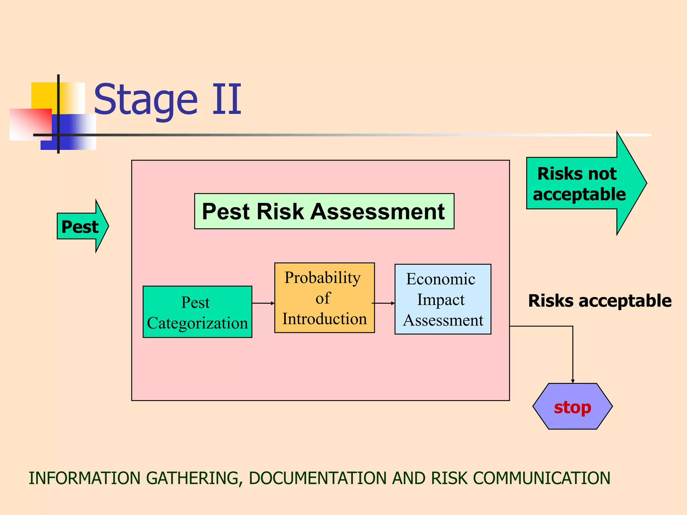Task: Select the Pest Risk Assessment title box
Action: click(x=324, y=211)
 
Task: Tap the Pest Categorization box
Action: click(x=197, y=312)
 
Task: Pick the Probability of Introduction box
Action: click(x=324, y=298)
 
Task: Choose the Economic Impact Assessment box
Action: click(x=443, y=299)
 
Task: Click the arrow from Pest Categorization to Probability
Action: click(x=263, y=303)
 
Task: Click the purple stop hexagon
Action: click(x=572, y=406)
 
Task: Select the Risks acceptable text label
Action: click(x=600, y=301)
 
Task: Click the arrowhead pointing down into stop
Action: click(x=573, y=381)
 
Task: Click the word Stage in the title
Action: click(x=146, y=100)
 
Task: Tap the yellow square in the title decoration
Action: click(x=44, y=95)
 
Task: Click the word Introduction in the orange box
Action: click(x=324, y=319)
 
